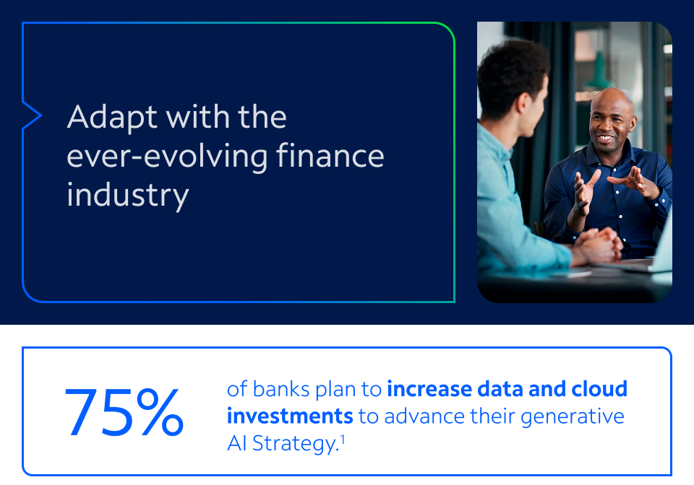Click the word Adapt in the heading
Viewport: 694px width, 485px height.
pyautogui.click(x=112, y=117)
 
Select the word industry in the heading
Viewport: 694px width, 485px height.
pyautogui.click(x=128, y=195)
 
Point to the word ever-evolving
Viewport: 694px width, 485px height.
pyautogui.click(x=167, y=157)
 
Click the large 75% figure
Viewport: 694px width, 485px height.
pyautogui.click(x=124, y=412)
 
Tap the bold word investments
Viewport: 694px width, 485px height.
pyautogui.click(x=290, y=416)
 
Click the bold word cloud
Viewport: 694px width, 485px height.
pyautogui.click(x=599, y=389)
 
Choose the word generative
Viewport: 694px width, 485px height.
pyautogui.click(x=573, y=417)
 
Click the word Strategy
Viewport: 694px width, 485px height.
pyautogui.click(x=296, y=443)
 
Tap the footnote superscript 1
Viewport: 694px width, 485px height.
pyautogui.click(x=343, y=440)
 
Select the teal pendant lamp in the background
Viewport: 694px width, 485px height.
pyautogui.click(x=599, y=74)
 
